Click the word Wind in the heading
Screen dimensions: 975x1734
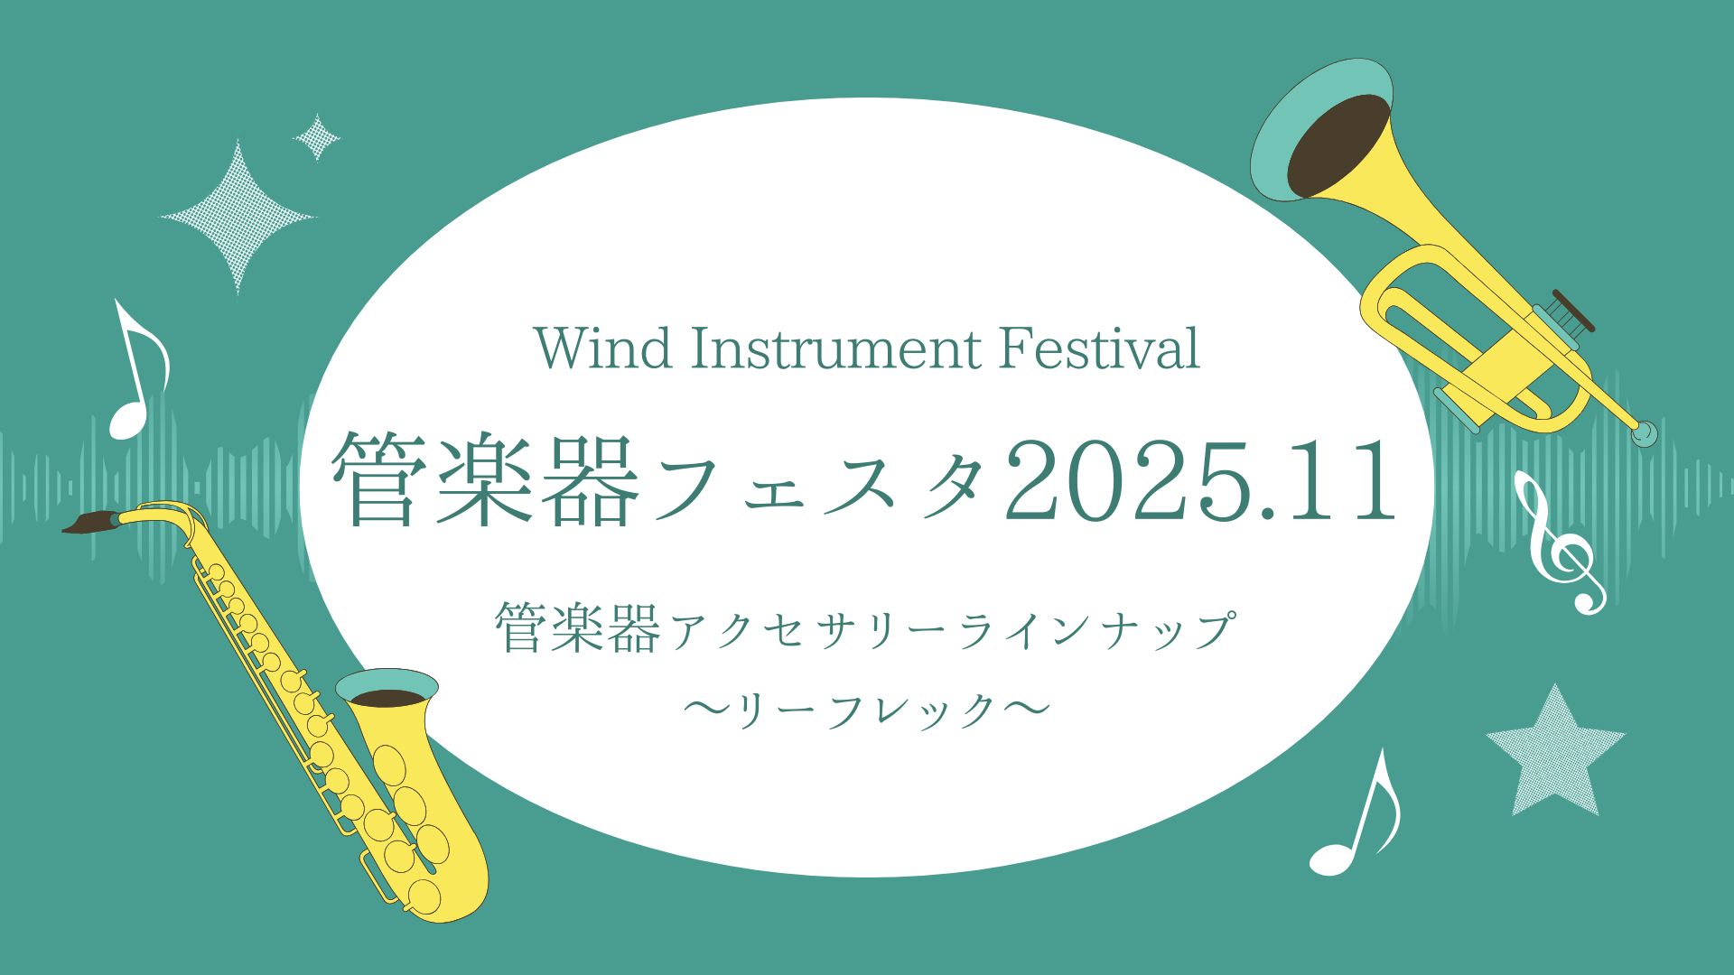point(604,348)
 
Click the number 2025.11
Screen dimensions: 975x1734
point(1201,480)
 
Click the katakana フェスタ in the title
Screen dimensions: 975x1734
point(817,483)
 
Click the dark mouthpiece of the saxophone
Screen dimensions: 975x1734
point(90,523)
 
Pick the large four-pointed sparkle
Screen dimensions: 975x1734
point(238,217)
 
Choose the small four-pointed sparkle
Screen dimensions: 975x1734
point(317,138)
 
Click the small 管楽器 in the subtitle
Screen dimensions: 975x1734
point(577,630)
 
